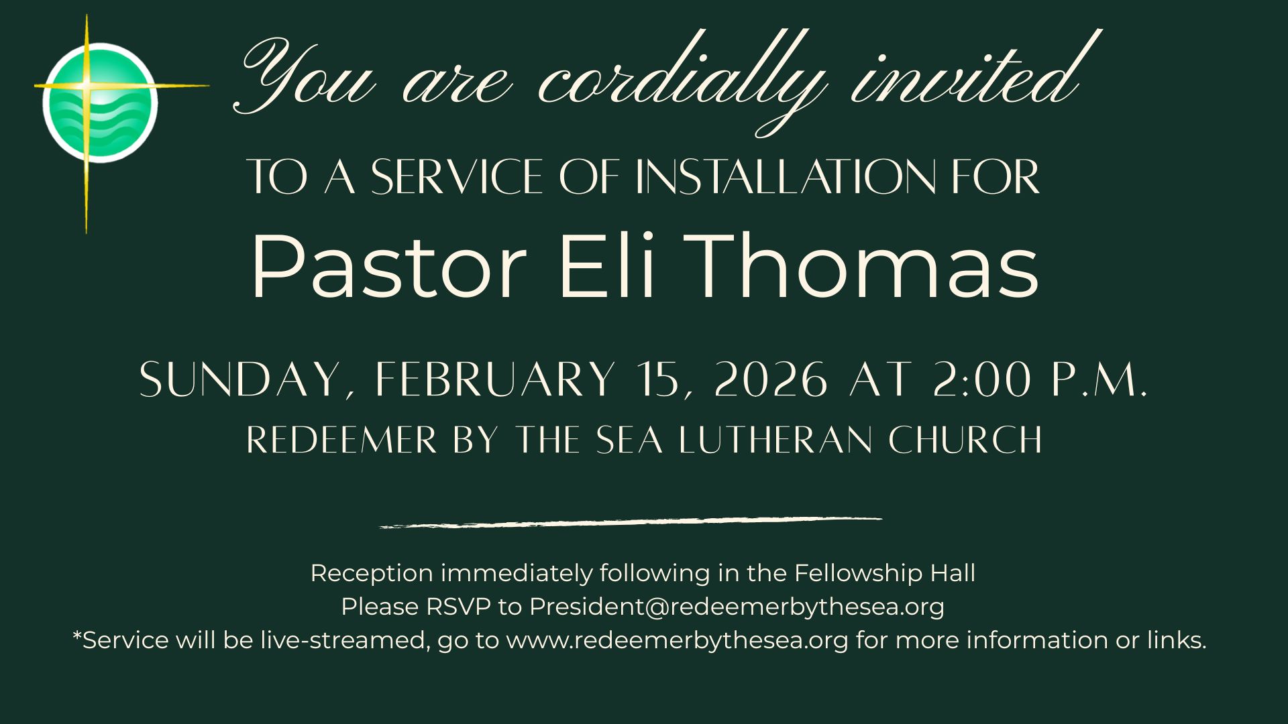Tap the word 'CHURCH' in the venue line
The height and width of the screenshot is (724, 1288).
point(965,440)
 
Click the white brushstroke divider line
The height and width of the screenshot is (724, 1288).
point(631,522)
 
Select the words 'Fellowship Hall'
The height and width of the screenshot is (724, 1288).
point(885,573)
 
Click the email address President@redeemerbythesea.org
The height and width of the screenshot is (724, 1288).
point(737,607)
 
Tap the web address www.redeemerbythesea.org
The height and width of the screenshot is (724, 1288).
point(678,641)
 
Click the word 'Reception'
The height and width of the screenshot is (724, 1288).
point(372,574)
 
